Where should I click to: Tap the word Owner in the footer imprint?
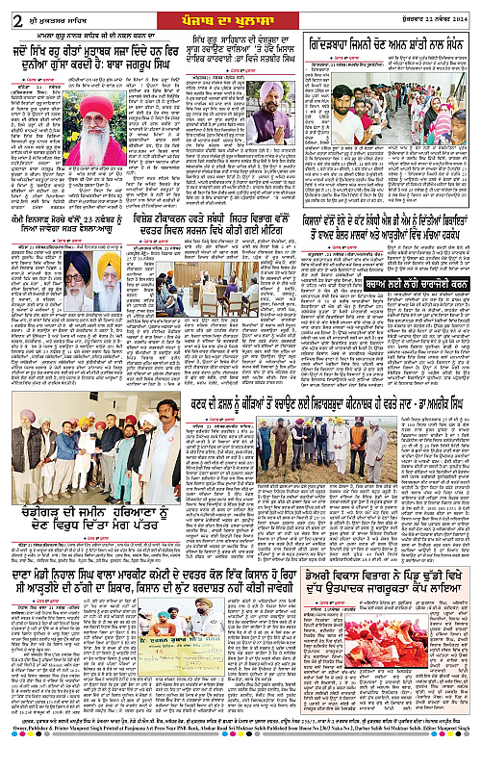point(16,758)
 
